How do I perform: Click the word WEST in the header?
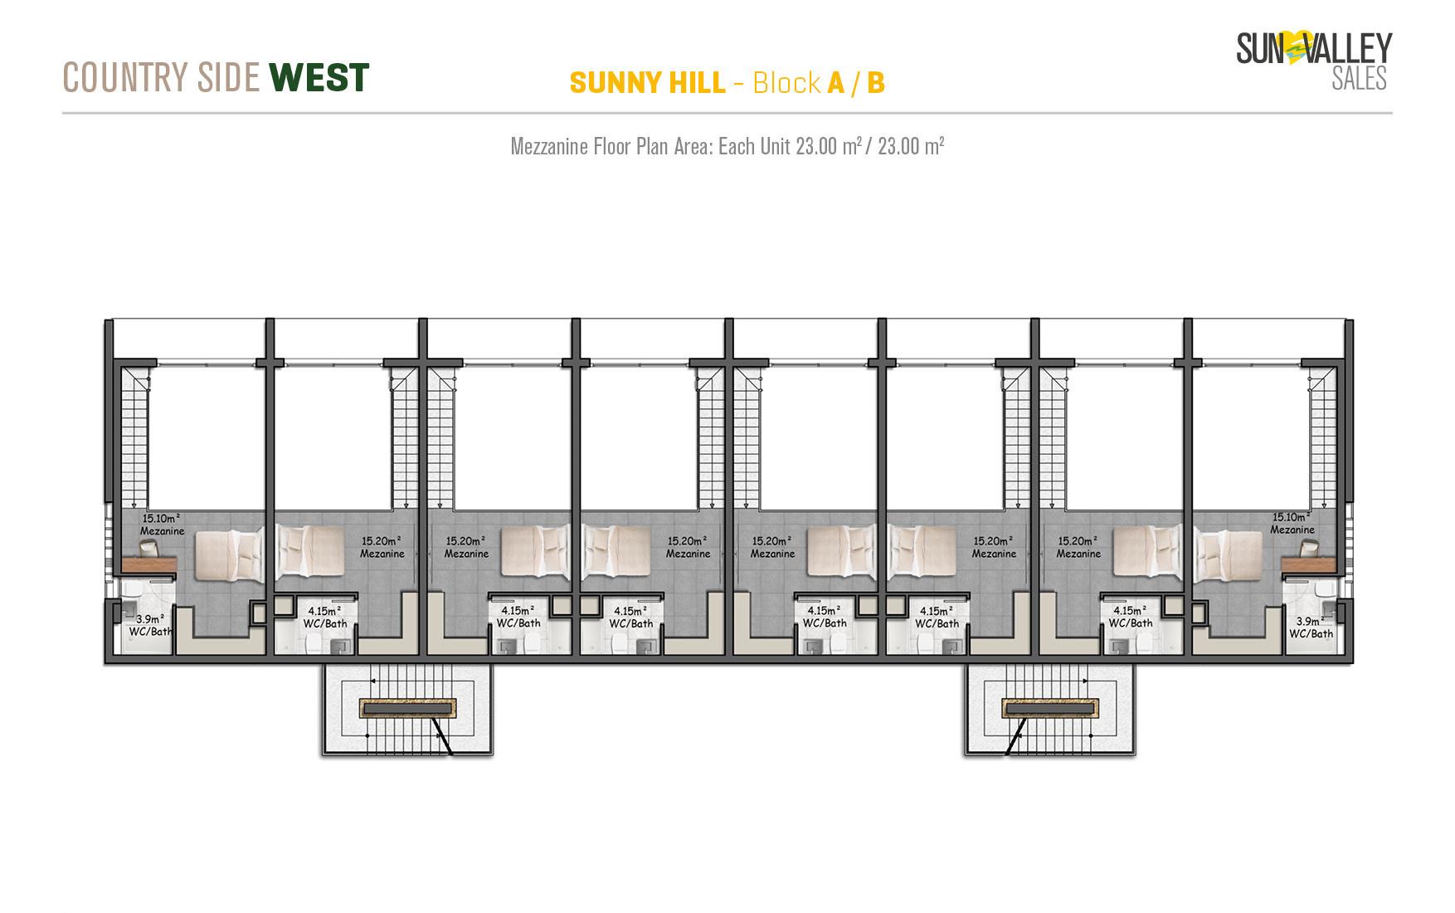pos(319,77)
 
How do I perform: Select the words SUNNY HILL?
pos(647,83)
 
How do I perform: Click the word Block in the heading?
pos(786,83)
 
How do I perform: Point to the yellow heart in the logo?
pos(1295,49)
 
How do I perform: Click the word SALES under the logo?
pos(1359,79)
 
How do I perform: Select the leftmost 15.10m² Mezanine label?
pos(162,524)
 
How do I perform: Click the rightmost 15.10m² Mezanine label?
pos(1292,523)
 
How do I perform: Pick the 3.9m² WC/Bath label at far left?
pos(151,625)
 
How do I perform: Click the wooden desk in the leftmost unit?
pos(148,564)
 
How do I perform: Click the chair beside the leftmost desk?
pos(148,547)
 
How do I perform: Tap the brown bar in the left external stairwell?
pos(407,708)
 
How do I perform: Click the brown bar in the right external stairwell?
pos(1049,708)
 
